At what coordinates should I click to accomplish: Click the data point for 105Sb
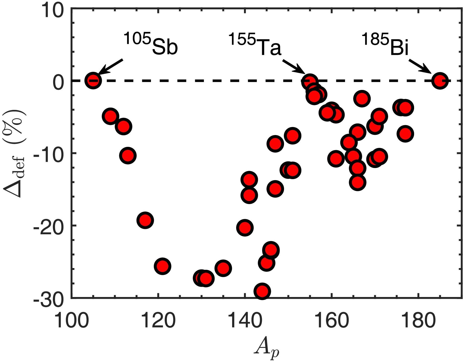pyautogui.click(x=93, y=81)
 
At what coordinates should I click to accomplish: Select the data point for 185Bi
pyautogui.click(x=440, y=81)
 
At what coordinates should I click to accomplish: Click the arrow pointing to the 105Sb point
pyautogui.click(x=110, y=67)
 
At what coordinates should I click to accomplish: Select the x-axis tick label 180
pyautogui.click(x=418, y=320)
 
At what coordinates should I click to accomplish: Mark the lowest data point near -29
pyautogui.click(x=262, y=291)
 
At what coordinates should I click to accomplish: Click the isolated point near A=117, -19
pyautogui.click(x=145, y=220)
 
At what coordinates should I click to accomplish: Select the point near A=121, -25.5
pyautogui.click(x=163, y=266)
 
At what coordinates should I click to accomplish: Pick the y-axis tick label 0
pyautogui.click(x=58, y=81)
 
